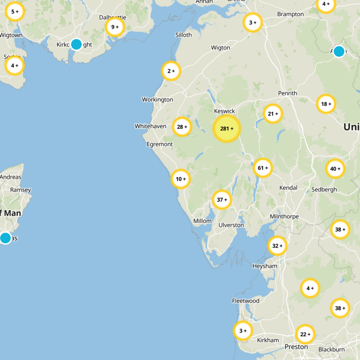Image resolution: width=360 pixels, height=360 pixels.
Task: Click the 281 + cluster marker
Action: pyautogui.click(x=227, y=129)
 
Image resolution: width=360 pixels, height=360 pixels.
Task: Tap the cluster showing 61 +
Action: pyautogui.click(x=263, y=168)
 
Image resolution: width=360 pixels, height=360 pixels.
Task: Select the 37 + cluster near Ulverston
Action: pyautogui.click(x=222, y=199)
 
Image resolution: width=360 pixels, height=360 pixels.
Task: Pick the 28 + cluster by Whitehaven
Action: pyautogui.click(x=182, y=127)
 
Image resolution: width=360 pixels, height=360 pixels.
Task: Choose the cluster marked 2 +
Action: pyautogui.click(x=171, y=71)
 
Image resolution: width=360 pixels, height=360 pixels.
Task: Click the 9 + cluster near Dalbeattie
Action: pyautogui.click(x=115, y=27)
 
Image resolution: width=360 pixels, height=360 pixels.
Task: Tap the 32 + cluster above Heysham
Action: pyautogui.click(x=277, y=246)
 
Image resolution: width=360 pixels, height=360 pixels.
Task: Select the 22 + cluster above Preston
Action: pyautogui.click(x=305, y=334)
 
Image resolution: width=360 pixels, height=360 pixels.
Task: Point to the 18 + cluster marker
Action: pyautogui.click(x=326, y=104)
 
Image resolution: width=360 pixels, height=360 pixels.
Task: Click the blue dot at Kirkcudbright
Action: pyautogui.click(x=76, y=44)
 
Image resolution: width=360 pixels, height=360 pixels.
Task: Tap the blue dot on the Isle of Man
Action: pyautogui.click(x=5, y=238)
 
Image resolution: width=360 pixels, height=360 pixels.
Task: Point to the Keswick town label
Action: pyautogui.click(x=225, y=111)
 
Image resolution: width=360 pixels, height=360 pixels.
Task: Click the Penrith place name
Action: pyautogui.click(x=288, y=93)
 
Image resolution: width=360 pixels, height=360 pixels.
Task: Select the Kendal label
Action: pyautogui.click(x=288, y=187)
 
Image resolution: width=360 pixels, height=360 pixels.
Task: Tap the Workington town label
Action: pyautogui.click(x=157, y=99)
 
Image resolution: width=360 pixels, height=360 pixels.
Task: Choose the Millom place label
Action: pyautogui.click(x=202, y=221)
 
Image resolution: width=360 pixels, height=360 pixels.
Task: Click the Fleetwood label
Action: pyautogui.click(x=246, y=301)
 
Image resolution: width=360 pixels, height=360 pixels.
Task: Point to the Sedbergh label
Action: pyautogui.click(x=324, y=189)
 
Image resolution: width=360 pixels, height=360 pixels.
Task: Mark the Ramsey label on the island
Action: pyautogui.click(x=21, y=190)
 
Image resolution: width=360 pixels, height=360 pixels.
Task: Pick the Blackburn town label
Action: pyautogui.click(x=331, y=350)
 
